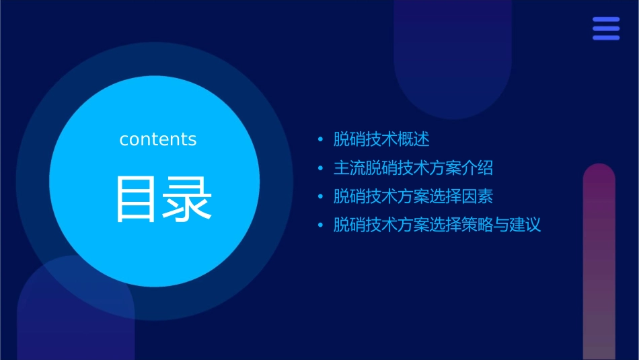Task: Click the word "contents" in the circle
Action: click(158, 139)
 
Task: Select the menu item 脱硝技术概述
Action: click(381, 139)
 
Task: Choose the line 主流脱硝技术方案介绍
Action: click(413, 168)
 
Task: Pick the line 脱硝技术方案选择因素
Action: click(413, 196)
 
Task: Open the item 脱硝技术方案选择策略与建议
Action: click(437, 225)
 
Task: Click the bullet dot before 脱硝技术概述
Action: click(320, 140)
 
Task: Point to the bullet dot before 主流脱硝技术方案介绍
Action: click(320, 168)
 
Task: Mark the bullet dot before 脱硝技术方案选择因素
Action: click(320, 197)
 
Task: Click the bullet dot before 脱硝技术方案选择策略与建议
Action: click(320, 225)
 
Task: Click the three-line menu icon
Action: click(606, 28)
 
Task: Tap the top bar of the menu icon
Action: click(606, 20)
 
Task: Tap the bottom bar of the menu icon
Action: click(606, 38)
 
